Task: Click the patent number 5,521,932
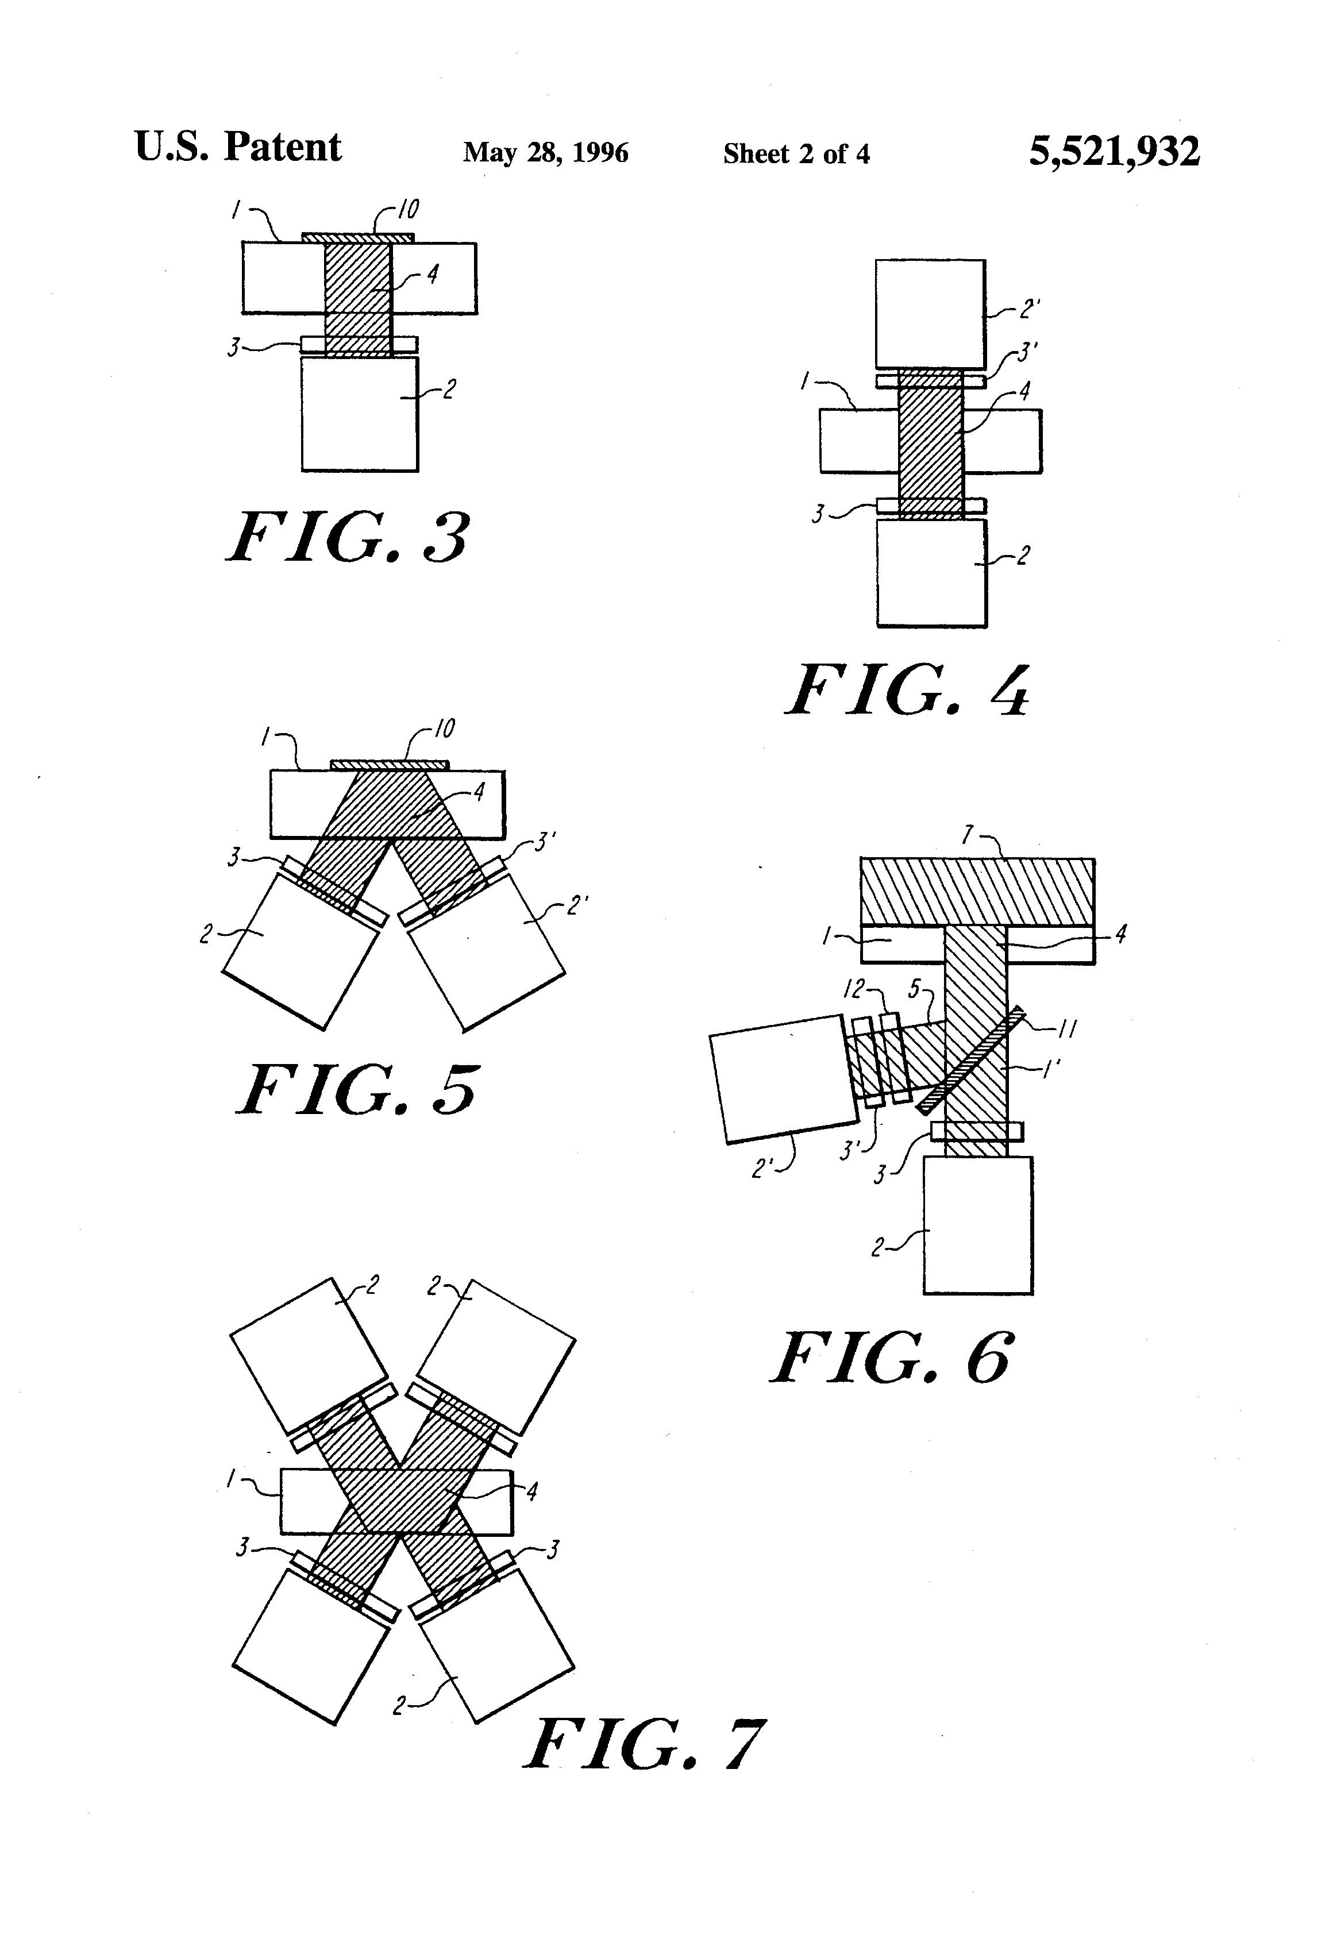[1114, 152]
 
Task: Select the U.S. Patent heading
[238, 148]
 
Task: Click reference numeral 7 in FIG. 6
[968, 835]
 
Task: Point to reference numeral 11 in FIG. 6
[1067, 1029]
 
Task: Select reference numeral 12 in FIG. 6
[854, 989]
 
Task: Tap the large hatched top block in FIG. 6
[977, 891]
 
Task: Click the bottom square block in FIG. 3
[360, 414]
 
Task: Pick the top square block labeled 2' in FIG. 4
[930, 314]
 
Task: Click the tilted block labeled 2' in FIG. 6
[782, 1078]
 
